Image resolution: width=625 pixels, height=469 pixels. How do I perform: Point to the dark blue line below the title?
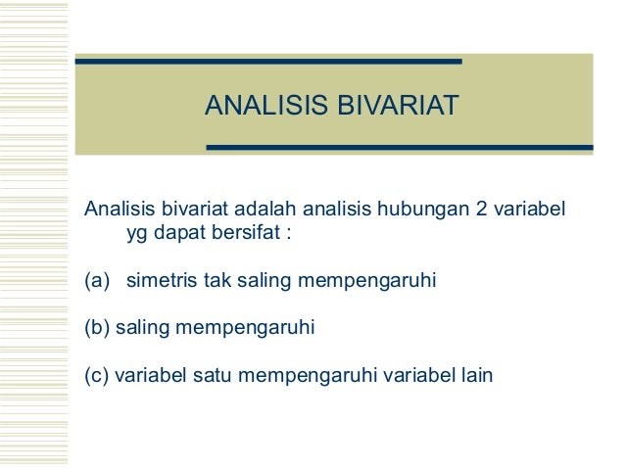399,148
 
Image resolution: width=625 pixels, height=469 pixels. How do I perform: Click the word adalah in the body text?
269,211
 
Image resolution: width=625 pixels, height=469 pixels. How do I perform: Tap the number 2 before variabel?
481,211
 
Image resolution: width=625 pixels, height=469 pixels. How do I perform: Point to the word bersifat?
253,235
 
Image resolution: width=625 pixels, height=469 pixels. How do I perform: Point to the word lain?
476,375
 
